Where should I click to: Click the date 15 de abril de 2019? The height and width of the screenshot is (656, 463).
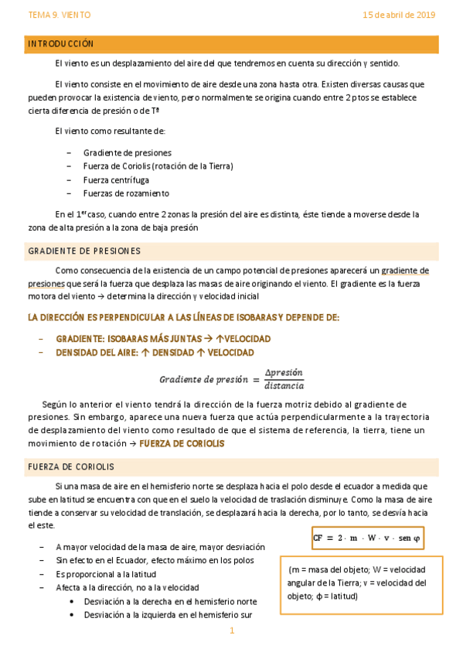[x=399, y=15]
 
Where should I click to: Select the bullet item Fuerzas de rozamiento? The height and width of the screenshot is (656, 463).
[x=126, y=193]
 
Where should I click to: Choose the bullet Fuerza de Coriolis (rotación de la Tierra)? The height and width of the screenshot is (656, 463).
[x=158, y=166]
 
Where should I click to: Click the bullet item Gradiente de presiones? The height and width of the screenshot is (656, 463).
[x=127, y=152]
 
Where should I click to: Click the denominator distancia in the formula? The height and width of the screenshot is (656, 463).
[x=284, y=385]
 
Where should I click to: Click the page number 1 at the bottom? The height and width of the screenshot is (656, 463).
[x=231, y=631]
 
